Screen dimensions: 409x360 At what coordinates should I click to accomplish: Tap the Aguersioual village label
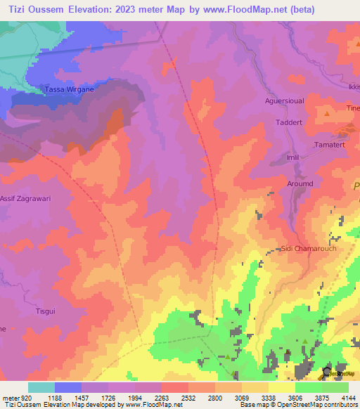pos(284,101)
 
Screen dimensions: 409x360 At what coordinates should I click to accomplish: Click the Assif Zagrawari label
pos(25,199)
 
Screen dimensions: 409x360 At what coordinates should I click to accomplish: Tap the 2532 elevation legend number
pos(188,397)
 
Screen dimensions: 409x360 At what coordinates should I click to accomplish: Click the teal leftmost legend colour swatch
pos(41,387)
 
